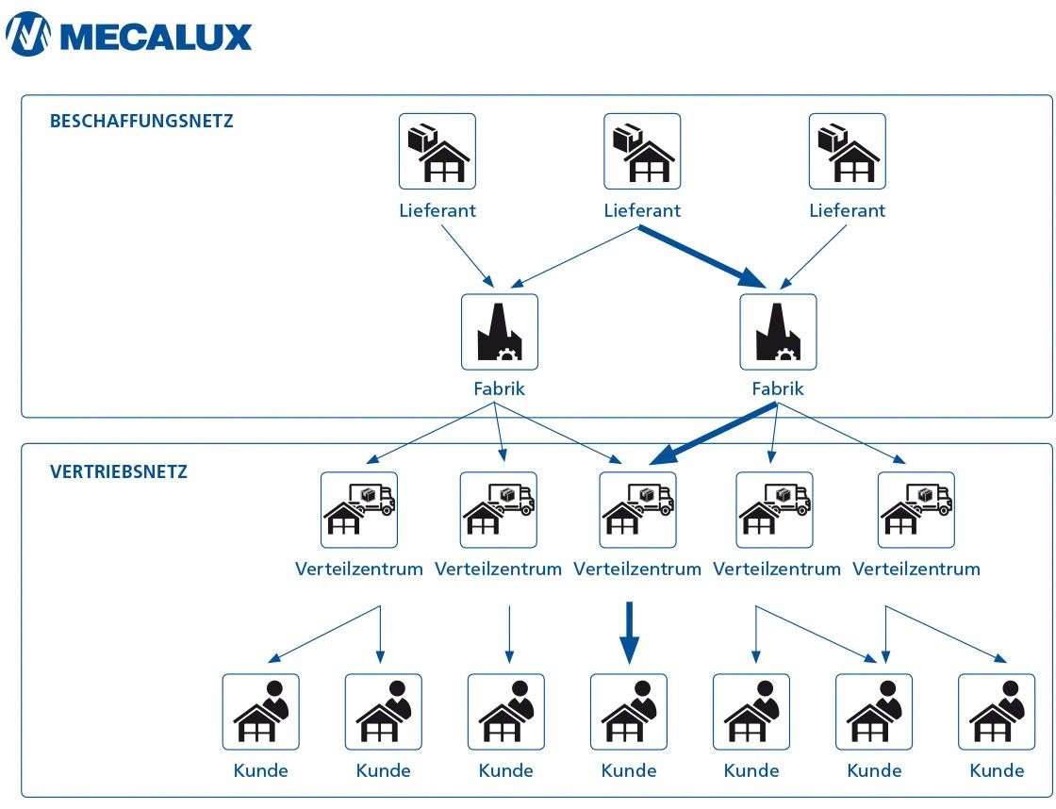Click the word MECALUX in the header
pos(156,36)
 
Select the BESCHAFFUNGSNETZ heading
pos(141,121)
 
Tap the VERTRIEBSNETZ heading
pos(119,471)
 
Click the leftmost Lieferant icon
pos(437,152)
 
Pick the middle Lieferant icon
pos(642,152)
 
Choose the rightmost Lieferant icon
pos(848,152)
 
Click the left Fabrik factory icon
pos(500,332)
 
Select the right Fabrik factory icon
pos(778,332)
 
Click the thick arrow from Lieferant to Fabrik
pos(702,255)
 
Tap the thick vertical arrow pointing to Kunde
pos(630,634)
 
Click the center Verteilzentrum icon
pos(638,510)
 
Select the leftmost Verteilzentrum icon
pos(359,510)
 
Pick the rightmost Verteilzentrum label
pos(916,569)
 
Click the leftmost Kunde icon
pos(260,712)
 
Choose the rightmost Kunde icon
pos(997,712)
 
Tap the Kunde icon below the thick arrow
pos(629,712)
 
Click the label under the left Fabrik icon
pos(500,388)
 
